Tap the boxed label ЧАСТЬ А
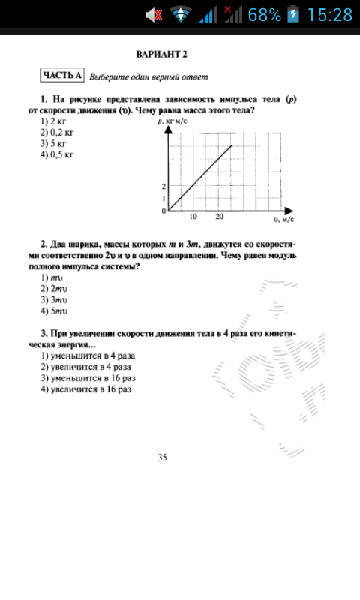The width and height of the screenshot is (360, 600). click(62, 75)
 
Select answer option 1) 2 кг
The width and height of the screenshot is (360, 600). click(54, 121)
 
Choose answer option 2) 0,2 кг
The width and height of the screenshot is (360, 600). click(57, 132)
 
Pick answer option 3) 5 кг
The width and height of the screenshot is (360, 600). click(54, 143)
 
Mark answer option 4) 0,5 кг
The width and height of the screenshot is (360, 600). click(57, 155)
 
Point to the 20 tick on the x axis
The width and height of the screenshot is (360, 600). click(219, 217)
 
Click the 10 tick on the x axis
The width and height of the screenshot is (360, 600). click(193, 217)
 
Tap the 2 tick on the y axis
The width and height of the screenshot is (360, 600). click(163, 186)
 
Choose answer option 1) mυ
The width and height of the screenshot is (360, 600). click(50, 277)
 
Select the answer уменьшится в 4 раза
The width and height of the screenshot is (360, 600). click(88, 355)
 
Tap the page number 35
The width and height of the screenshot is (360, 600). click(162, 457)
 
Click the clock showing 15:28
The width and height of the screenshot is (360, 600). click(329, 14)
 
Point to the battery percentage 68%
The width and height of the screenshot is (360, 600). click(264, 14)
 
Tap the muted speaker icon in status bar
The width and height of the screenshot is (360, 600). click(154, 14)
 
